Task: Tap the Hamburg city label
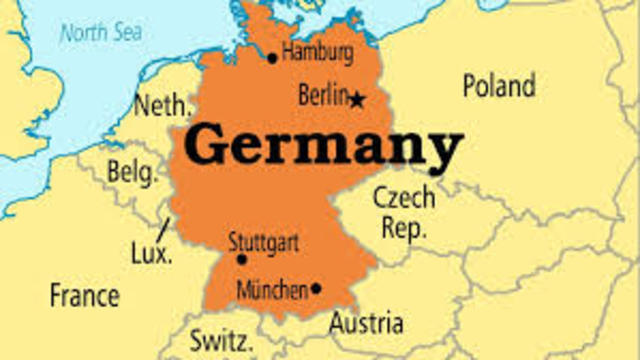click(x=318, y=52)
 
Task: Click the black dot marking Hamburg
click(x=272, y=58)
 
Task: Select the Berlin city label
click(x=323, y=96)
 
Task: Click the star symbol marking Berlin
click(x=357, y=98)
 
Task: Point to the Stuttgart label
click(x=263, y=242)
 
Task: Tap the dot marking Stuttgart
click(x=241, y=259)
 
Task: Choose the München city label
click(x=271, y=290)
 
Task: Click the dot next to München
click(x=316, y=289)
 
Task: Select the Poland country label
click(x=499, y=86)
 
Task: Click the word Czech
click(x=403, y=196)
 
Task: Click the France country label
click(x=85, y=296)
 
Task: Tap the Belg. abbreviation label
click(x=132, y=173)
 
